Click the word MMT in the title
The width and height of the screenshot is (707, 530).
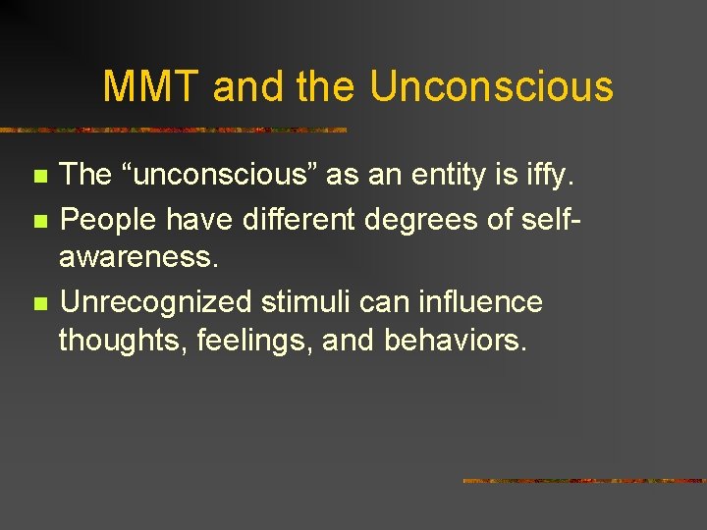pos(153,86)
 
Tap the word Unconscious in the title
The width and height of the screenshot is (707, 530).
pos(491,86)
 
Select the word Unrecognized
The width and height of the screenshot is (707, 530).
pos(148,302)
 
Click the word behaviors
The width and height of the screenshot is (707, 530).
pos(456,341)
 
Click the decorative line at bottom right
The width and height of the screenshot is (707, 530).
pos(584,481)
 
